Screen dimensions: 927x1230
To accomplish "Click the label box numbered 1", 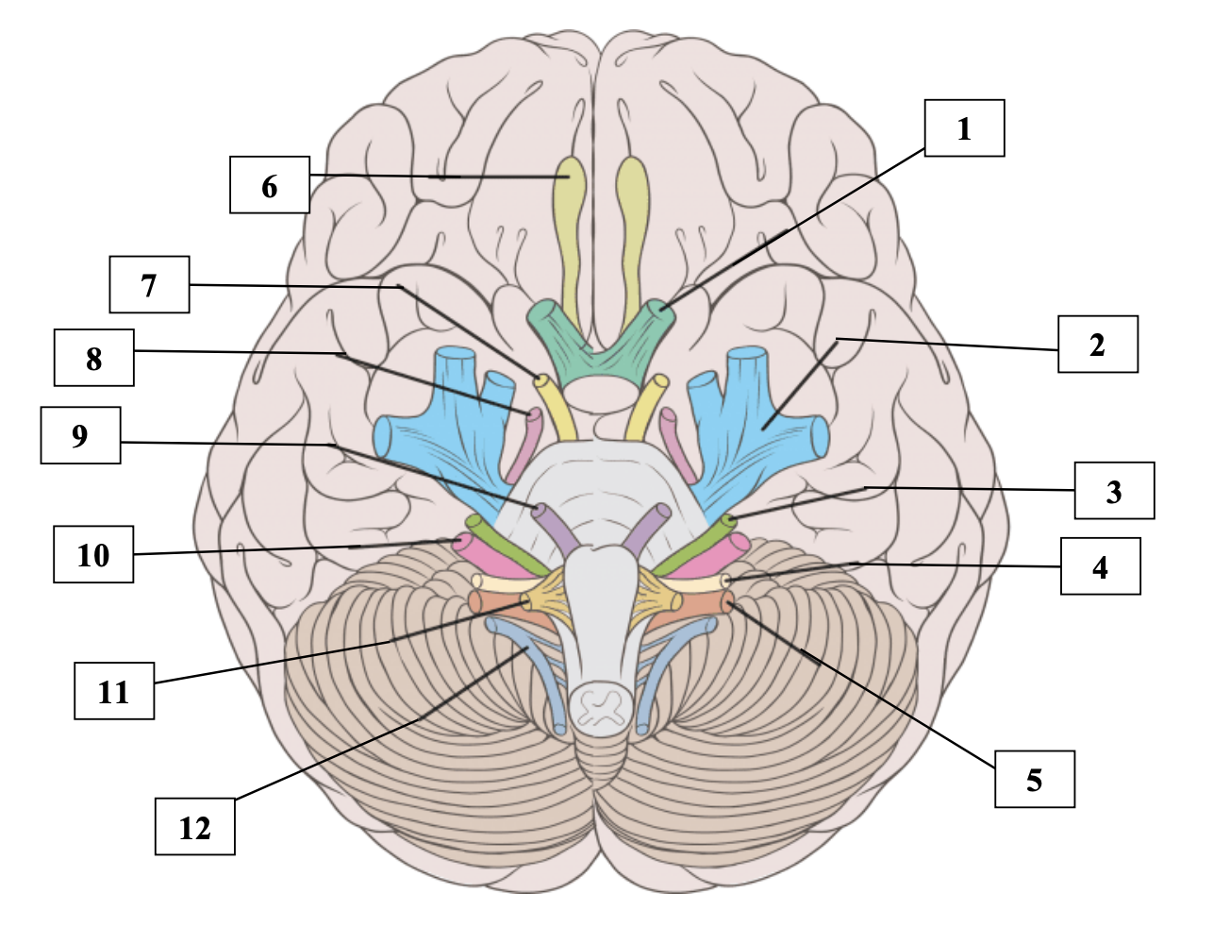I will tap(964, 128).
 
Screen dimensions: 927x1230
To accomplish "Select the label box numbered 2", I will tap(1097, 345).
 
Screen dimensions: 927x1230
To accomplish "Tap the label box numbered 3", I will tap(1114, 491).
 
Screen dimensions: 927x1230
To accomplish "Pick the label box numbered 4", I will tap(1100, 566).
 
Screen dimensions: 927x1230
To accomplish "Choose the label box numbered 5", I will tap(1034, 780).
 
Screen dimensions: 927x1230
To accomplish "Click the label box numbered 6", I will tap(270, 185).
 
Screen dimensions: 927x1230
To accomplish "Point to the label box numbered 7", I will tap(149, 284).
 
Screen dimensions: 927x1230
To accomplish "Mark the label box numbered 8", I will tap(93, 358).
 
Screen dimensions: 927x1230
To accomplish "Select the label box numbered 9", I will tap(80, 435).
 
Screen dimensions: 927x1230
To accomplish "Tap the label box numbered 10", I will tap(93, 555).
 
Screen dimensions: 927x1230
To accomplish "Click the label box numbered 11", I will tap(113, 692).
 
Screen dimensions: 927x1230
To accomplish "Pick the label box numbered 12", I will tap(194, 827).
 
